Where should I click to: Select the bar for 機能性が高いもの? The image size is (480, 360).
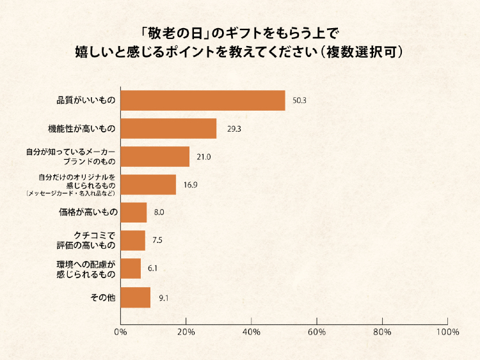point(168,129)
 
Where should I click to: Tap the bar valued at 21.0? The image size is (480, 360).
point(155,157)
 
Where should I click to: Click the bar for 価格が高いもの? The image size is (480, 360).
point(134,212)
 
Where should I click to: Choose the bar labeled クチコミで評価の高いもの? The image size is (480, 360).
point(133,240)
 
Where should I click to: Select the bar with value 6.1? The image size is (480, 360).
point(131,269)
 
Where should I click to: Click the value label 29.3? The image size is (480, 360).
point(234,129)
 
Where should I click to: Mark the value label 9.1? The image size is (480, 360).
point(163,298)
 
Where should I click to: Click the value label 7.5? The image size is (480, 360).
point(159,241)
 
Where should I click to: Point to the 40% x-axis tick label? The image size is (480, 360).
point(252,332)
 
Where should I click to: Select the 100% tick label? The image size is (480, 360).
point(447,332)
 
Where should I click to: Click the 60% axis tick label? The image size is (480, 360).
point(317,332)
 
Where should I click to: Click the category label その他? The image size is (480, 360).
point(104,297)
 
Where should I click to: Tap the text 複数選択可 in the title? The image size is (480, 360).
point(362,51)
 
